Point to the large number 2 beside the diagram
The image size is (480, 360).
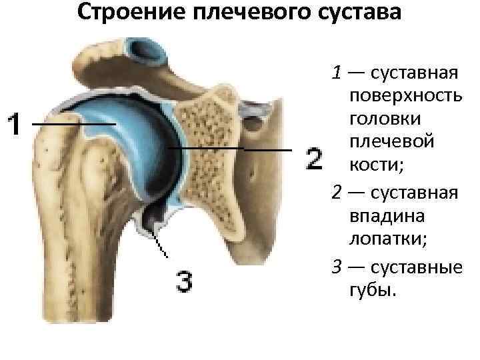[314, 159]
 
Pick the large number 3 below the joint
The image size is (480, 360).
[184, 281]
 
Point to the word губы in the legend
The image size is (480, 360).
[369, 291]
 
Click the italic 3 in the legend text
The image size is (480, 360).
[337, 268]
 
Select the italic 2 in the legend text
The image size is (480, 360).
[337, 193]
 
